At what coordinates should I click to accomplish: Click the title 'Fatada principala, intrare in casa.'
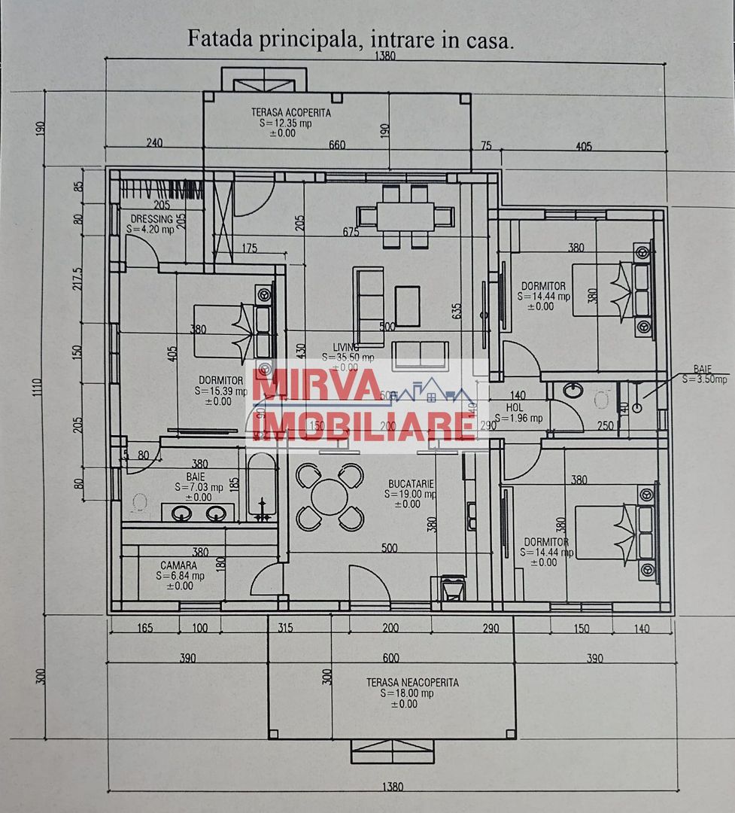tap(351, 39)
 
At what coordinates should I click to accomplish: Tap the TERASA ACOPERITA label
tap(291, 112)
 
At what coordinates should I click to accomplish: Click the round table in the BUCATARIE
tap(330, 498)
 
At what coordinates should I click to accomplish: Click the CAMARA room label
tap(179, 565)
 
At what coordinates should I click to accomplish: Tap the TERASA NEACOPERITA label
tap(412, 683)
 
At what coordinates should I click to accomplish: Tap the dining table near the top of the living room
tap(405, 217)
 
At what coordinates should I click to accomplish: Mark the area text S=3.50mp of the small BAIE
tap(705, 380)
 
